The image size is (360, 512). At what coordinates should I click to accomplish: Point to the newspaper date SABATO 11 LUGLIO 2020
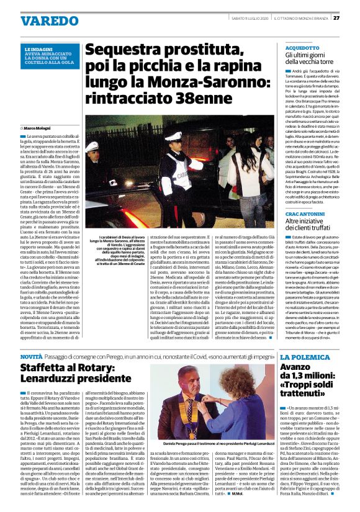pyautogui.click(x=244, y=17)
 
